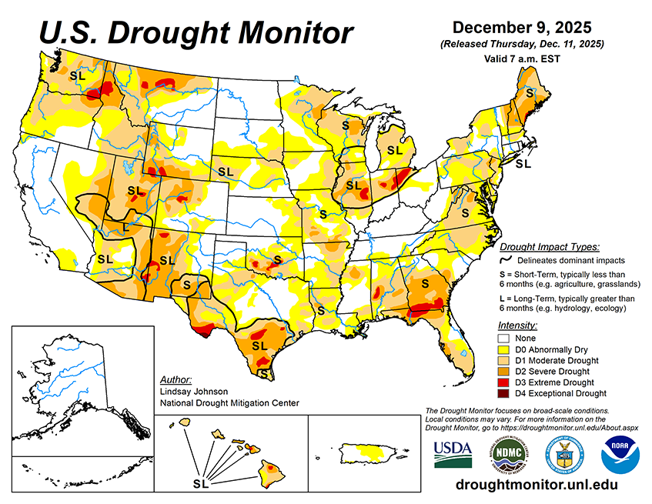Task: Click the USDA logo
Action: (x=453, y=454)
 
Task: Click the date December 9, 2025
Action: (x=522, y=28)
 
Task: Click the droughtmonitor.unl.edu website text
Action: (x=537, y=485)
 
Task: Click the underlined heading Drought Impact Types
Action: (x=549, y=247)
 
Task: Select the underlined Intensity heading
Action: (x=517, y=325)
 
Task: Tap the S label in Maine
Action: (x=529, y=92)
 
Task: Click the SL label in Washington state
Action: (x=77, y=75)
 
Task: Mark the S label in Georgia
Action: (x=424, y=284)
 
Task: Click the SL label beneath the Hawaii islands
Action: (x=201, y=484)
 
